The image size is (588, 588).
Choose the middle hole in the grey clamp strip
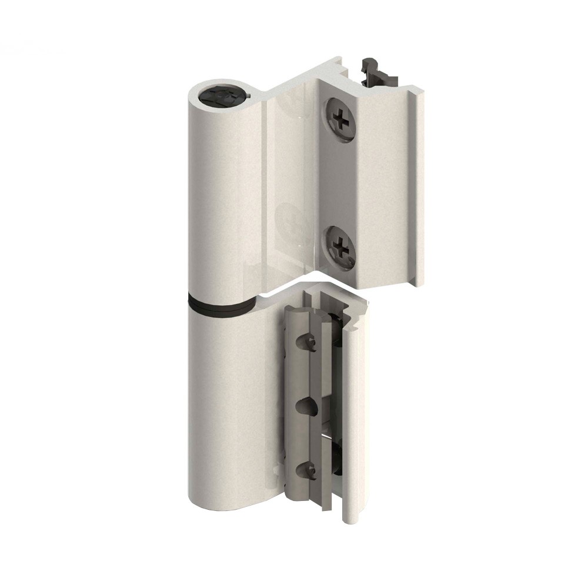306,406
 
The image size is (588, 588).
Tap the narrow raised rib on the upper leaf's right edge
419,188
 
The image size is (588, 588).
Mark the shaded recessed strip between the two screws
338,182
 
